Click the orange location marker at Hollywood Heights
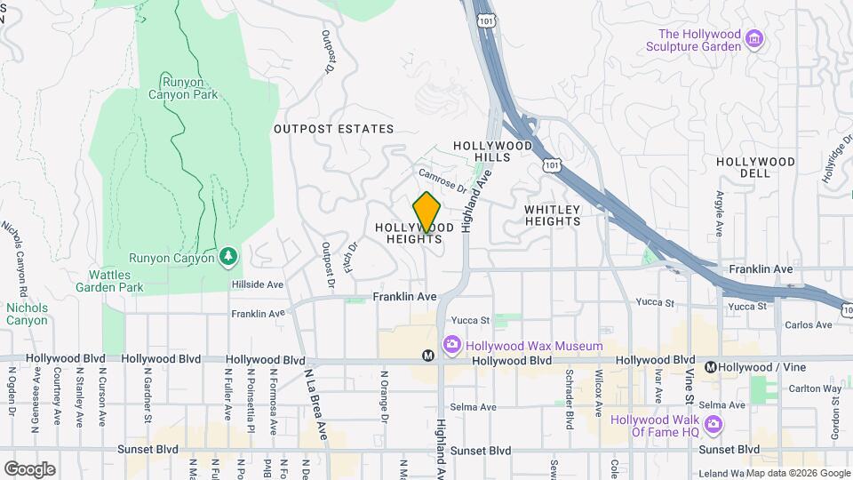tap(426, 212)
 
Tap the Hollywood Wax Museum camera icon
tap(451, 345)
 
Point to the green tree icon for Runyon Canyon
tap(228, 257)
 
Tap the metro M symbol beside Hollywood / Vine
tap(711, 367)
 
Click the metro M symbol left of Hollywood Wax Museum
tap(428, 356)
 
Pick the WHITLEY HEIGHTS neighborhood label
tap(552, 216)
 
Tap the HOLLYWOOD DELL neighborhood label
tap(755, 167)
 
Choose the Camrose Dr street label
tap(442, 181)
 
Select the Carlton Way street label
tap(817, 388)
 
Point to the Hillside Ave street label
tap(257, 284)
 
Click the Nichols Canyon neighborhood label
tap(27, 314)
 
